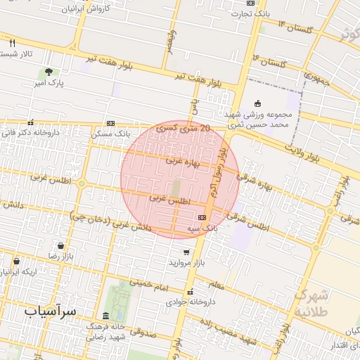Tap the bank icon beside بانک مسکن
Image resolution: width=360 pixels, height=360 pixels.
click(111, 122)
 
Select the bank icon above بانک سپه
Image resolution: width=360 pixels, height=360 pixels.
click(202, 217)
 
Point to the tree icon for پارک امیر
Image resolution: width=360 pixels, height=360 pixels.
click(49, 72)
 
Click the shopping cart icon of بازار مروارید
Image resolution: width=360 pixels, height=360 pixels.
click(186, 252)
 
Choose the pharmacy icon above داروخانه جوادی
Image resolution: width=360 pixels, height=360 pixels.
click(191, 291)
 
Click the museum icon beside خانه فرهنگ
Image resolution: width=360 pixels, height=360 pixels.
click(105, 316)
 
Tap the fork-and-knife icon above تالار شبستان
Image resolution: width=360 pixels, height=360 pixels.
click(13, 43)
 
